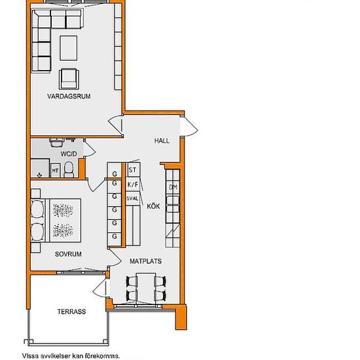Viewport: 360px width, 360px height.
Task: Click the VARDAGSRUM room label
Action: point(69,96)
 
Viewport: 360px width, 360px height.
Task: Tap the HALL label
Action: point(162,141)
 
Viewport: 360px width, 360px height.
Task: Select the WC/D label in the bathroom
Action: point(69,154)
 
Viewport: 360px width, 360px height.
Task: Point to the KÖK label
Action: point(153,206)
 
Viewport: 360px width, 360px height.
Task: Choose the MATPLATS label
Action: point(145,261)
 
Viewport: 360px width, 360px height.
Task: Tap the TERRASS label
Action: point(71,312)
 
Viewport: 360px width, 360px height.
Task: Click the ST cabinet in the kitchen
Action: point(133,170)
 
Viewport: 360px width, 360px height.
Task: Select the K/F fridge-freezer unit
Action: point(133,185)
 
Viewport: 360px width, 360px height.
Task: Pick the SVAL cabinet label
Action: point(132,198)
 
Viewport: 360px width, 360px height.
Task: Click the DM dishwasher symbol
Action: point(173,187)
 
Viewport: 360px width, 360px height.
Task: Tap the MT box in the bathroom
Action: point(55,171)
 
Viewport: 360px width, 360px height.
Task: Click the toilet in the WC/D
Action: point(69,170)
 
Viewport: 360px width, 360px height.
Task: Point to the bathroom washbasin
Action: point(56,142)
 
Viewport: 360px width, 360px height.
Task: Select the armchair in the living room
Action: point(69,79)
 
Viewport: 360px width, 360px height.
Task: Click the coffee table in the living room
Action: point(69,48)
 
